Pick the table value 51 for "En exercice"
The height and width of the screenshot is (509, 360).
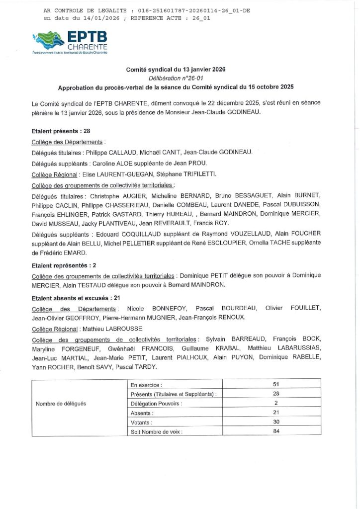click(276, 384)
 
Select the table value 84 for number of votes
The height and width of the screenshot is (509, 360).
click(276, 431)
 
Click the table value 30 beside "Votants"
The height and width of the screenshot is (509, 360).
click(276, 422)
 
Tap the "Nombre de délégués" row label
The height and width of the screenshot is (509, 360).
click(61, 403)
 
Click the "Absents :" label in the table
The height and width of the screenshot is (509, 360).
click(142, 413)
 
